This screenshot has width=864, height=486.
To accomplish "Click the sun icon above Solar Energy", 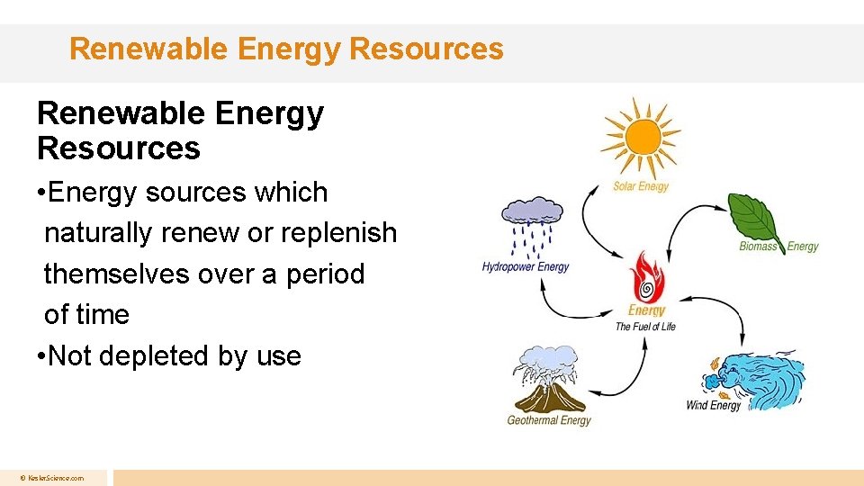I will pyautogui.click(x=642, y=136).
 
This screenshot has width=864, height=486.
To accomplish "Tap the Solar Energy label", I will pyautogui.click(x=641, y=186).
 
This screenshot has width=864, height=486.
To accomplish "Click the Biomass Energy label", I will pyautogui.click(x=778, y=247).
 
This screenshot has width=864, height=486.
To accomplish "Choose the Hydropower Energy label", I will pyautogui.click(x=526, y=266).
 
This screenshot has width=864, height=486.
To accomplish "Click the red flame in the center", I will pyautogui.click(x=646, y=278).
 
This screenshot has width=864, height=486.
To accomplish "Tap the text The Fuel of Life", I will pyautogui.click(x=645, y=327).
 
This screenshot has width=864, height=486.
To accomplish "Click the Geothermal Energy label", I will pyautogui.click(x=549, y=420).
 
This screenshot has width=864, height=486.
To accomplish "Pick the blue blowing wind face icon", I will pyautogui.click(x=757, y=377).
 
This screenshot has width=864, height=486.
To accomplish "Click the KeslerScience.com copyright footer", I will pyautogui.click(x=53, y=478).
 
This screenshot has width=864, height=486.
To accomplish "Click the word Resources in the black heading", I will pyautogui.click(x=119, y=148).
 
